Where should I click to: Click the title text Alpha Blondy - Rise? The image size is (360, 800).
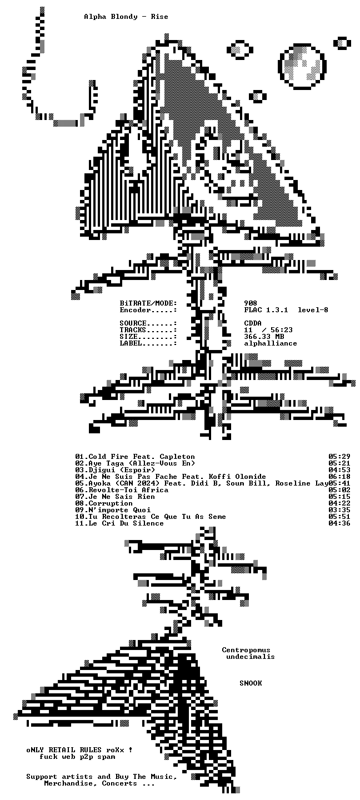126,17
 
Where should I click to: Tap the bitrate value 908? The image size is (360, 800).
251,303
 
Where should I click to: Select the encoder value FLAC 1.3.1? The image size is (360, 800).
266,310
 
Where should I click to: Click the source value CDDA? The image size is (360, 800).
253,323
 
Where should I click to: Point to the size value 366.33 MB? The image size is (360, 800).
264,337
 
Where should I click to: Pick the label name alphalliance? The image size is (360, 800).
271,343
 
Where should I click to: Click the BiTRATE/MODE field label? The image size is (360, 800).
148,303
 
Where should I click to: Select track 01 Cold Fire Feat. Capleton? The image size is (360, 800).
135,457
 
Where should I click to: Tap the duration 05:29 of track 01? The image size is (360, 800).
339,457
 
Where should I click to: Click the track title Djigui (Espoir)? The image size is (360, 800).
122,470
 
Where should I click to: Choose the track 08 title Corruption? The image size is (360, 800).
111,503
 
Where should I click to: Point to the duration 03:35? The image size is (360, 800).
339,510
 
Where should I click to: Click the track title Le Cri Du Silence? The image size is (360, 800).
126,523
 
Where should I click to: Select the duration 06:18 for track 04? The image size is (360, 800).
339,477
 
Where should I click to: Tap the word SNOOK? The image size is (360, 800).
251,683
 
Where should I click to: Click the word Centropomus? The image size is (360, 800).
246,650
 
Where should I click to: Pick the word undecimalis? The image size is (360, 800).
251,657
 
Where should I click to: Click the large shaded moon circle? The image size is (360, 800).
302,67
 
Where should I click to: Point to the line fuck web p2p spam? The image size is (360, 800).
78,757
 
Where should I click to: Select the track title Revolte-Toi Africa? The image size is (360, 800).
128,490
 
